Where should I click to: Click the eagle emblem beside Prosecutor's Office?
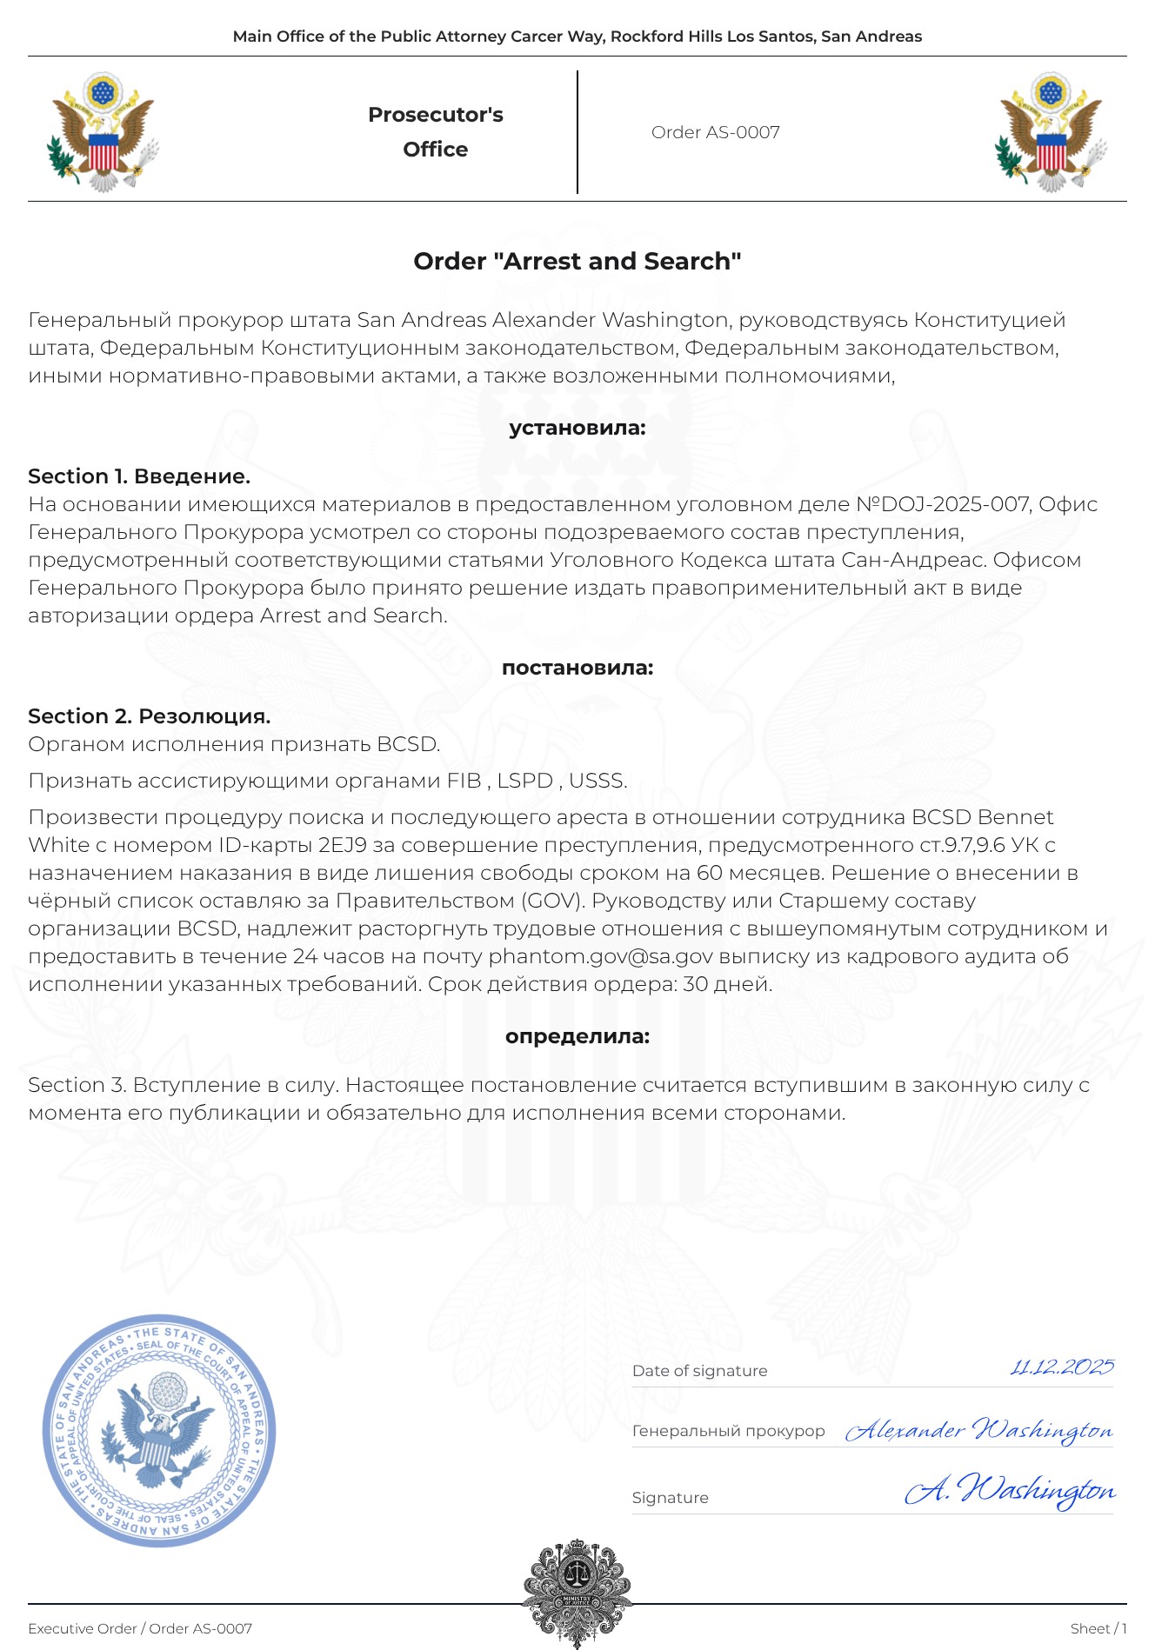tap(103, 132)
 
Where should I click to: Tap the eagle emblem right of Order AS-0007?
tap(1052, 132)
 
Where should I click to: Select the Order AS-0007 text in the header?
tap(715, 132)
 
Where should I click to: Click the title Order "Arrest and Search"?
tap(577, 261)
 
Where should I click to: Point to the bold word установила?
tap(577, 428)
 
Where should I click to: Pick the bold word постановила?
tap(577, 668)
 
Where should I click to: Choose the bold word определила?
tap(577, 1036)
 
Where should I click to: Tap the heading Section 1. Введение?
tap(139, 476)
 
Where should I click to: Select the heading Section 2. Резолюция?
tap(149, 716)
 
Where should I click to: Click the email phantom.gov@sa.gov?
tap(600, 956)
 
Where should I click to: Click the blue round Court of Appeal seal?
tap(159, 1430)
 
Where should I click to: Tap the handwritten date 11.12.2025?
tap(1061, 1367)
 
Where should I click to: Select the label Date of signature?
tap(699, 1371)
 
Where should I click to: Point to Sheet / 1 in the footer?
tap(1098, 1628)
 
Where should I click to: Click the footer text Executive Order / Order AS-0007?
tap(140, 1628)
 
